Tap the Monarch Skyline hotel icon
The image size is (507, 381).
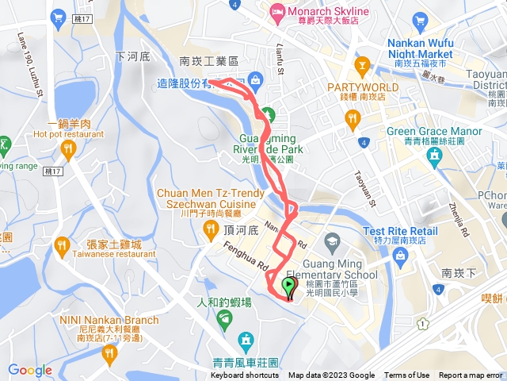click(276, 11)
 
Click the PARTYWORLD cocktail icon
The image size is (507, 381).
click(362, 63)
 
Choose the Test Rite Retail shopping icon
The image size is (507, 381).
click(400, 256)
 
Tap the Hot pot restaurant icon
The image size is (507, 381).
click(69, 148)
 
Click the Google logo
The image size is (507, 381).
click(29, 370)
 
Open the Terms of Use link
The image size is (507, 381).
click(406, 375)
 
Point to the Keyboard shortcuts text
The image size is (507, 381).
click(245, 375)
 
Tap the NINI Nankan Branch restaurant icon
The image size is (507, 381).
click(109, 353)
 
